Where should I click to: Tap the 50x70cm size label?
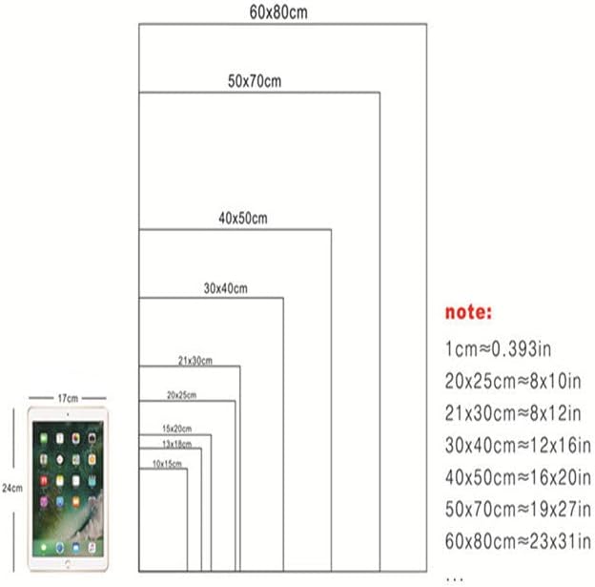point(255,81)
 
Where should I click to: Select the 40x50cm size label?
point(242,219)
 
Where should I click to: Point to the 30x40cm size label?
point(225,288)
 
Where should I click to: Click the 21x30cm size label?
point(195,360)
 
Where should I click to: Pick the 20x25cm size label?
point(181,394)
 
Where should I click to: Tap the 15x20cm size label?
point(177,429)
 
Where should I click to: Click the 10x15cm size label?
point(167,463)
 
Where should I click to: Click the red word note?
point(469,312)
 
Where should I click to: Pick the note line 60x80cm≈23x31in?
point(517,540)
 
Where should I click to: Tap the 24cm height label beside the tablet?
point(12,487)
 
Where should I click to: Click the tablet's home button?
point(68,564)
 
